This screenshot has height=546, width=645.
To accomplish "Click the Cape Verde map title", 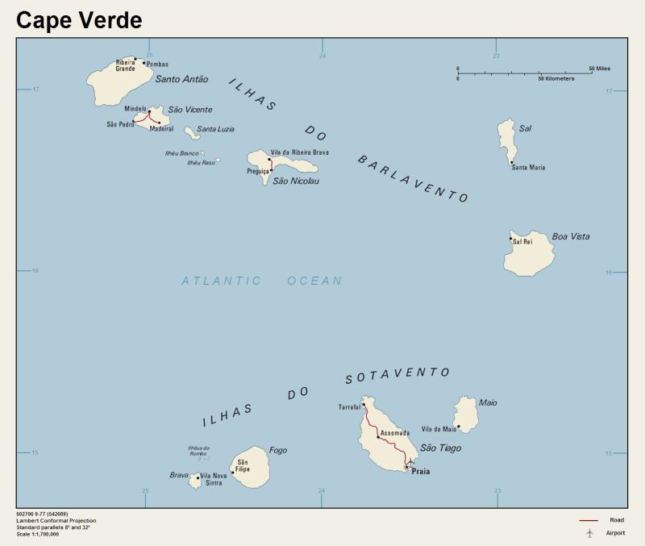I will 79,20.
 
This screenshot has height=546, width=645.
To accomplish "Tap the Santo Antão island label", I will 181,79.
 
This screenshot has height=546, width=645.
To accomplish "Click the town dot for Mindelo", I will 149,111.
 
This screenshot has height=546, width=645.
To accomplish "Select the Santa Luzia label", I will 216,129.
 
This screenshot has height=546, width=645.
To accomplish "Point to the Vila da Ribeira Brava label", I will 300,152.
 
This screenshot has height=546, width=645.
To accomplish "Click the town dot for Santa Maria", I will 512,162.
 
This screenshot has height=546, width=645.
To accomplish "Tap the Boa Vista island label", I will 570,236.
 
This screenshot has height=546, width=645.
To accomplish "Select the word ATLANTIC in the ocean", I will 221,281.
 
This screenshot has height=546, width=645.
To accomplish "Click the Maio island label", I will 488,402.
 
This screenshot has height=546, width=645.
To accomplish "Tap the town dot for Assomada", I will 378,436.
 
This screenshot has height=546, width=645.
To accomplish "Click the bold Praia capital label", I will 421,471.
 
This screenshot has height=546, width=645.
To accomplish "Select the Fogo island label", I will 277,451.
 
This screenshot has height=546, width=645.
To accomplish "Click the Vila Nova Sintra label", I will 214,480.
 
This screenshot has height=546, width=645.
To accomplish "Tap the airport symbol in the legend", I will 589,533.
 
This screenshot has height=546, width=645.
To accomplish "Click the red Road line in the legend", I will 589,520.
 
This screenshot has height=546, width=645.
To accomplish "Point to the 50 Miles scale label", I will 599,69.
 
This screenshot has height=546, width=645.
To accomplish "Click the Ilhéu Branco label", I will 181,153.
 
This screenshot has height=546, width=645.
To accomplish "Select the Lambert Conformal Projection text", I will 56,520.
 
